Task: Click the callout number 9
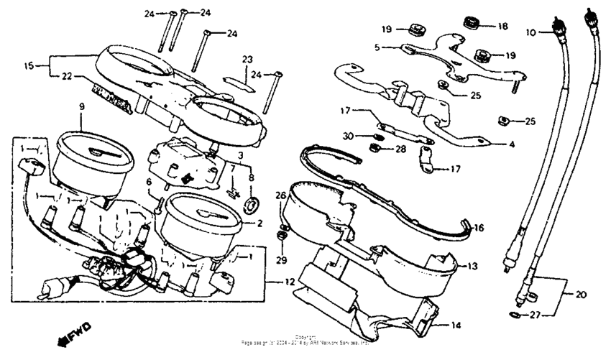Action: (x=81, y=106)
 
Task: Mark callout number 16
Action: (x=479, y=228)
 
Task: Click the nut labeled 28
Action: (x=375, y=149)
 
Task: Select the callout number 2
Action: (x=258, y=223)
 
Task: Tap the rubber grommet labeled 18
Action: (x=472, y=23)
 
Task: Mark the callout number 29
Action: (x=281, y=258)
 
